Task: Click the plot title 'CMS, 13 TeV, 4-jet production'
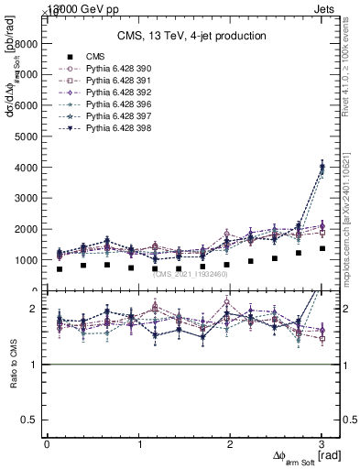coord(191,37)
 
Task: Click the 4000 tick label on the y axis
coord(26,168)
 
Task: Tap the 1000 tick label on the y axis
coord(26,260)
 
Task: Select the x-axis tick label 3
coord(322,445)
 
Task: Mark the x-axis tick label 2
coord(231,445)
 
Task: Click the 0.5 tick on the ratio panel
coord(29,420)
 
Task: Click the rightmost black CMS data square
coord(322,248)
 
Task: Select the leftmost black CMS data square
coord(60,269)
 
